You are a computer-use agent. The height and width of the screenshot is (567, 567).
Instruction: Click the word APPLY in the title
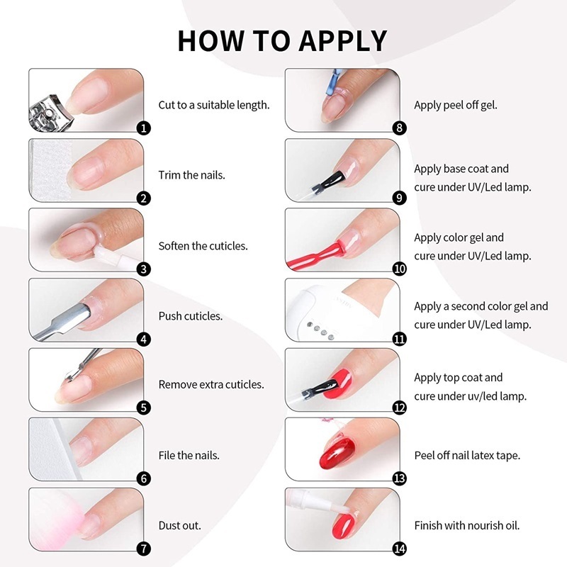click(x=343, y=41)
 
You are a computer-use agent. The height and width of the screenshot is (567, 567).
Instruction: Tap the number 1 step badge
click(x=144, y=128)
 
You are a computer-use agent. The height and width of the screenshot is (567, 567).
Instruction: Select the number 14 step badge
click(x=399, y=549)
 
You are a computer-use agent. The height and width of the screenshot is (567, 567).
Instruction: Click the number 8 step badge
click(x=399, y=128)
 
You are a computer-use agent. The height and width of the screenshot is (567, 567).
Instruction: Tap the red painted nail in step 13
click(x=337, y=454)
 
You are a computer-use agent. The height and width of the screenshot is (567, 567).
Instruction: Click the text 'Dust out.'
click(x=179, y=525)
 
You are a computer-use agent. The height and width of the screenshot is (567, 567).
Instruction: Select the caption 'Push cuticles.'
click(x=190, y=316)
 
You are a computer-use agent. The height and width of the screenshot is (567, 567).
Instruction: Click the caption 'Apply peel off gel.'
click(x=456, y=105)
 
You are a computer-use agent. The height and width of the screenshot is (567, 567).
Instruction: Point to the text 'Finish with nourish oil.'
click(x=467, y=525)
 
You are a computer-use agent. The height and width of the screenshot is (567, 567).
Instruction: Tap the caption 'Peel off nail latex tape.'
click(x=467, y=455)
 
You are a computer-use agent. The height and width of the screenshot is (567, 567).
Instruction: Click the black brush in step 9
click(x=328, y=181)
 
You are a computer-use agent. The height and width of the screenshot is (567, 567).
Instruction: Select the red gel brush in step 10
click(x=316, y=255)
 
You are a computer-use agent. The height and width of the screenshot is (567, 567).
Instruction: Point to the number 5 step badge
click(x=144, y=408)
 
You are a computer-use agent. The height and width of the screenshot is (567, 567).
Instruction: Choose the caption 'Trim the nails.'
click(x=191, y=175)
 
